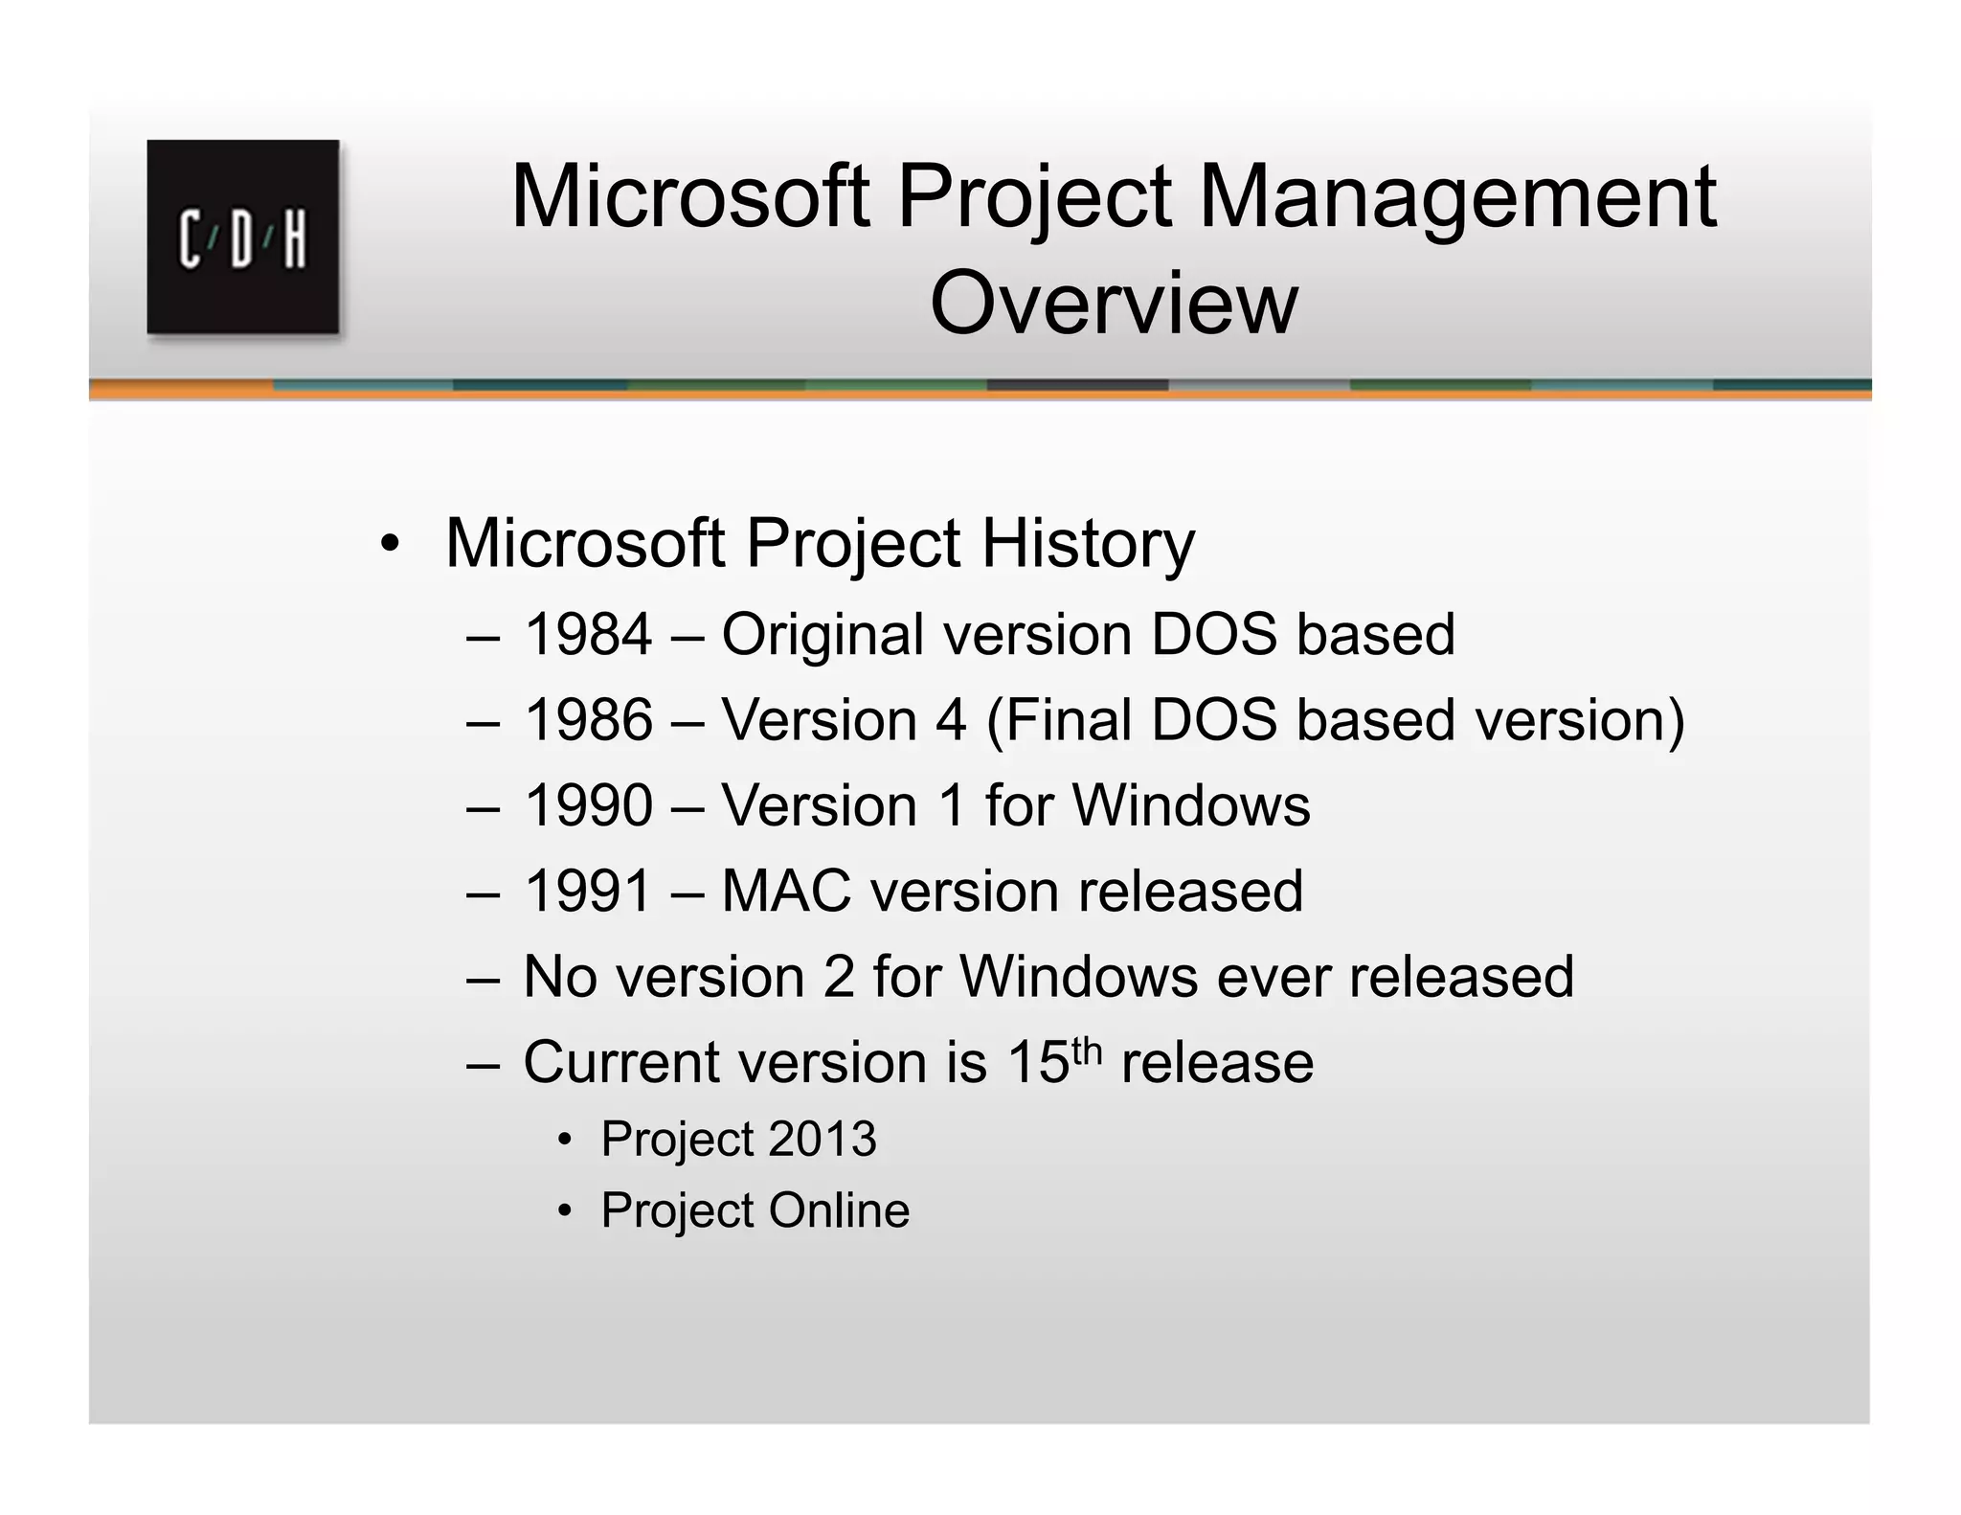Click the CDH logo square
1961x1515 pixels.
pyautogui.click(x=242, y=237)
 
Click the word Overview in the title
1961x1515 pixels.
pyautogui.click(x=1113, y=303)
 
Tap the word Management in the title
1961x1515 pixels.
pyautogui.click(x=1456, y=196)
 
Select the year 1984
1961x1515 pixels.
pyautogui.click(x=588, y=635)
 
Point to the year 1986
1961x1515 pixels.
pyautogui.click(x=588, y=720)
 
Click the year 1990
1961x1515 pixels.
pyautogui.click(x=588, y=805)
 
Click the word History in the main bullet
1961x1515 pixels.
pyautogui.click(x=1088, y=544)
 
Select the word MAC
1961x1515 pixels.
pyautogui.click(x=785, y=891)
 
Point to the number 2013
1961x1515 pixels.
pyautogui.click(x=823, y=1139)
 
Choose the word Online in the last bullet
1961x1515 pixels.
pyautogui.click(x=839, y=1210)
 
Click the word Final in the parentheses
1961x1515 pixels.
pyautogui.click(x=1066, y=720)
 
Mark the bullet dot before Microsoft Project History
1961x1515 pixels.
pyautogui.click(x=389, y=544)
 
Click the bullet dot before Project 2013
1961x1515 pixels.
pyautogui.click(x=565, y=1140)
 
